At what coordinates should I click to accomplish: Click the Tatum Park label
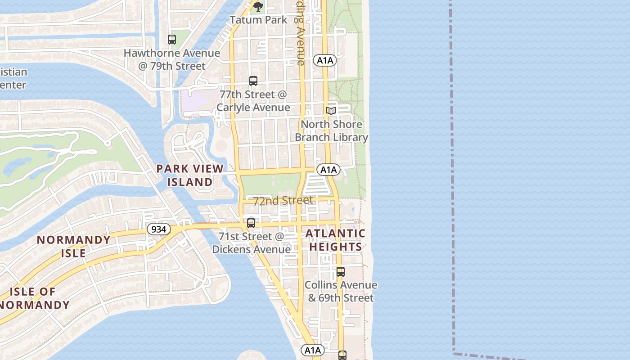pyautogui.click(x=258, y=20)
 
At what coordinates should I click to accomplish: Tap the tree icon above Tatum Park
pyautogui.click(x=258, y=6)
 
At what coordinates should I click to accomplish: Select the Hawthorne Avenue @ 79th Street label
pyautogui.click(x=172, y=59)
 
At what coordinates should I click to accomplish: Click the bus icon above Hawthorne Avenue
pyautogui.click(x=172, y=40)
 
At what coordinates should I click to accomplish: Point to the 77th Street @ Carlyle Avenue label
pyautogui.click(x=253, y=101)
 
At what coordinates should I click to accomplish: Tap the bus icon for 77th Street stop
pyautogui.click(x=253, y=81)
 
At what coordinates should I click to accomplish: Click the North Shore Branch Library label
pyautogui.click(x=331, y=131)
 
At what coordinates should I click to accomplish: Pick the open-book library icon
pyautogui.click(x=331, y=111)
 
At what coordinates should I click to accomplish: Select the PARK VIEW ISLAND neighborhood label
pyautogui.click(x=190, y=175)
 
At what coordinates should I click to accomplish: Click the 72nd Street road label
pyautogui.click(x=283, y=201)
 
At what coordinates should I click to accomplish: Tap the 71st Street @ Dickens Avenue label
pyautogui.click(x=251, y=243)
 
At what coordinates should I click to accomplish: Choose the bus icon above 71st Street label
pyautogui.click(x=251, y=223)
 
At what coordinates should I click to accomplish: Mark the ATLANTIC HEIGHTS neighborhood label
pyautogui.click(x=336, y=240)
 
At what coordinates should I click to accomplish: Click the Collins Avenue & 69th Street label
pyautogui.click(x=341, y=292)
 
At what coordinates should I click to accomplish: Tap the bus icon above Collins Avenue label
pyautogui.click(x=341, y=272)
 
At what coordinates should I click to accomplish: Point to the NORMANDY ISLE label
pyautogui.click(x=74, y=246)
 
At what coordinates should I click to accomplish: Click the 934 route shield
pyautogui.click(x=159, y=229)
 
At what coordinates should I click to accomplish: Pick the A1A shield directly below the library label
pyautogui.click(x=328, y=170)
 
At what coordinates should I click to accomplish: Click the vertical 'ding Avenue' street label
pyautogui.click(x=300, y=34)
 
